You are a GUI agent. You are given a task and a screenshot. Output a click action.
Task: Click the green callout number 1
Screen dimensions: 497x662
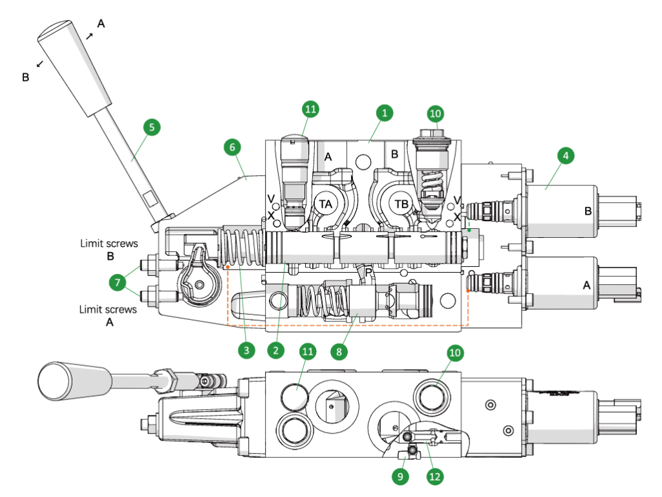[x=384, y=112]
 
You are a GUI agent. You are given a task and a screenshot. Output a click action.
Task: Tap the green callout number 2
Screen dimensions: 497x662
[x=275, y=350]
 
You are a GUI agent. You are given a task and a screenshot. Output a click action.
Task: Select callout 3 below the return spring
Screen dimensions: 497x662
[x=245, y=350]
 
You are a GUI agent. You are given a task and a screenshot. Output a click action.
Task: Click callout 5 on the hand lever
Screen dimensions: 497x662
[x=151, y=127]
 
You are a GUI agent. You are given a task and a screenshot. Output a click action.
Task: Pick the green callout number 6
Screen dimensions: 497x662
[x=233, y=147]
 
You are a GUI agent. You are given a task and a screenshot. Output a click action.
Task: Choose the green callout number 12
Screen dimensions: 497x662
[x=434, y=477]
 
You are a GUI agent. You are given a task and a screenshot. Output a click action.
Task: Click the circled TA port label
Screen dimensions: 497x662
[x=326, y=203]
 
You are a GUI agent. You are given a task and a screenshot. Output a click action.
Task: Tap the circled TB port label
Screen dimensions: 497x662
[x=402, y=204]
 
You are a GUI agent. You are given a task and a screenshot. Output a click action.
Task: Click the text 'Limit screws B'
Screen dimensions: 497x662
[x=109, y=249]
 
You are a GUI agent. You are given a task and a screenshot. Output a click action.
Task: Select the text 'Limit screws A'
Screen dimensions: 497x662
[x=108, y=315]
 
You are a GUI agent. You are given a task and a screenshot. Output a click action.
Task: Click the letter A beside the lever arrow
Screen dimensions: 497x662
[x=101, y=23]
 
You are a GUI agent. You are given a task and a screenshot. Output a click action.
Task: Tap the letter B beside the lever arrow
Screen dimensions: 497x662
[x=25, y=77]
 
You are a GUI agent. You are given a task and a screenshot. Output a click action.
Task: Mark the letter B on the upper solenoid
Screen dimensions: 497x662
[x=588, y=211]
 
